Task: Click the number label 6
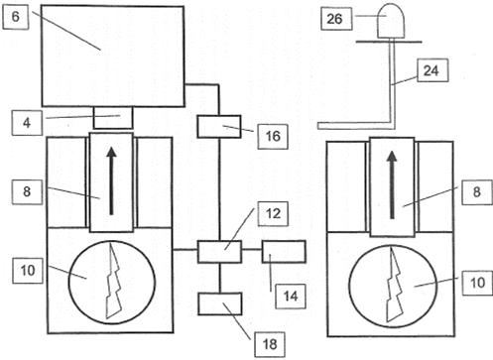click(15, 17)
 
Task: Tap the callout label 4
click(27, 123)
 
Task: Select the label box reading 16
click(273, 136)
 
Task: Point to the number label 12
click(273, 214)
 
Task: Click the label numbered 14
click(291, 297)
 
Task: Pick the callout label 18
click(270, 344)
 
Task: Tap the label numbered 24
click(432, 70)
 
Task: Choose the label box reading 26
click(336, 19)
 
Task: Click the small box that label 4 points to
click(113, 118)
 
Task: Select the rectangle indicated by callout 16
click(219, 127)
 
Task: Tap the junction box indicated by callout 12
click(219, 252)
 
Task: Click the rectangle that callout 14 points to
click(284, 252)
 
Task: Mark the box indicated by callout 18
click(220, 303)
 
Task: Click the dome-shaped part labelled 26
click(391, 21)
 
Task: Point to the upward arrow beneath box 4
click(111, 181)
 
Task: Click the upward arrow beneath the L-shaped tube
click(393, 185)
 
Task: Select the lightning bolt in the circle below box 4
click(113, 281)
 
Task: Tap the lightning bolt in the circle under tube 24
click(395, 285)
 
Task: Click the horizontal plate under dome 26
click(389, 42)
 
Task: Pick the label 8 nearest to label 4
click(27, 191)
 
